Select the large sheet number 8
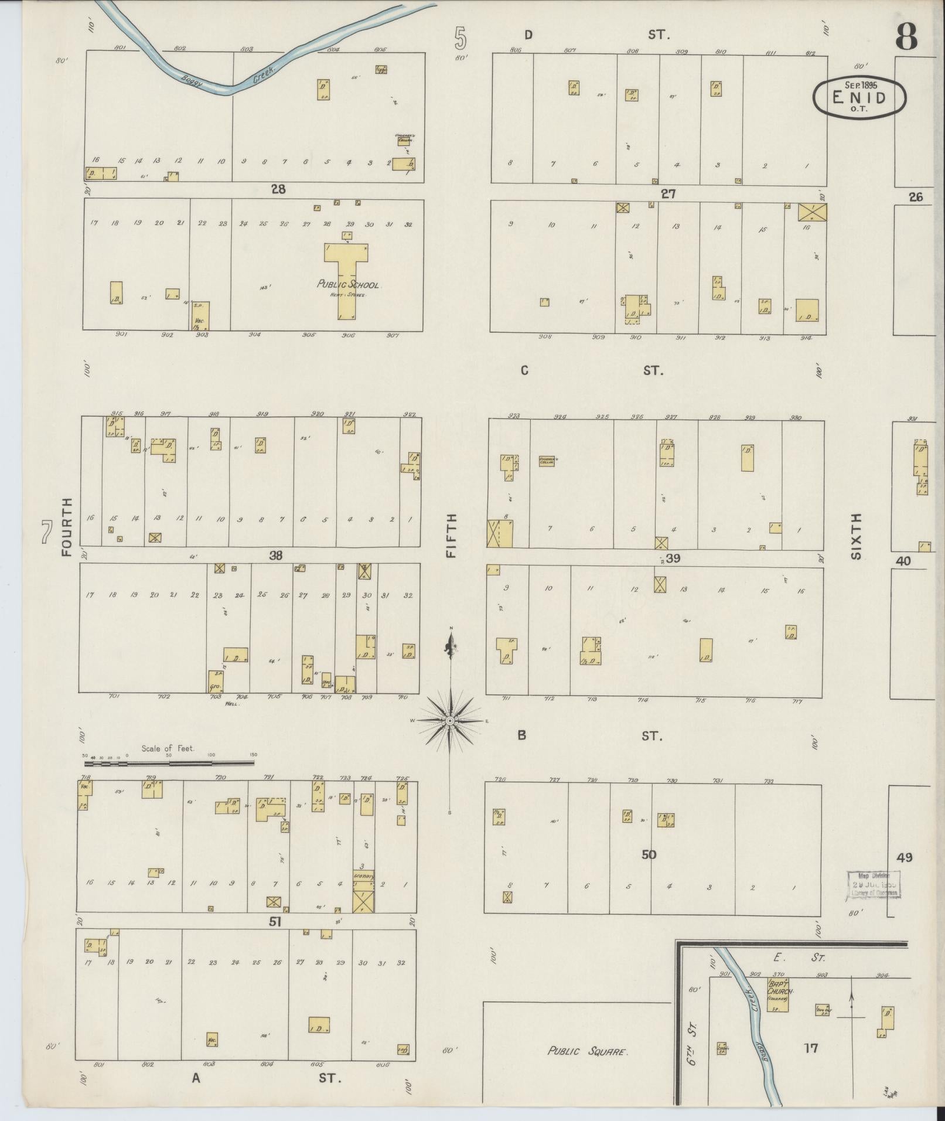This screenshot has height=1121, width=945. pyautogui.click(x=906, y=36)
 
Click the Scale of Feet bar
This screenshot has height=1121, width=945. pyautogui.click(x=170, y=764)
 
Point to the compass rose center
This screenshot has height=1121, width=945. pyautogui.click(x=450, y=720)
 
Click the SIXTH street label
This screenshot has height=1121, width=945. pyautogui.click(x=857, y=536)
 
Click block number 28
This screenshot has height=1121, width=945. pyautogui.click(x=278, y=189)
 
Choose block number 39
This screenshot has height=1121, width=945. pyautogui.click(x=673, y=558)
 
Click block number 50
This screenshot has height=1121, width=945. pyautogui.click(x=649, y=854)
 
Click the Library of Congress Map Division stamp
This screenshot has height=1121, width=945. pyautogui.click(x=872, y=884)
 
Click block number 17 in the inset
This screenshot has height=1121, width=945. pyautogui.click(x=811, y=1047)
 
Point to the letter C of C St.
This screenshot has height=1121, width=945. pyautogui.click(x=524, y=370)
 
